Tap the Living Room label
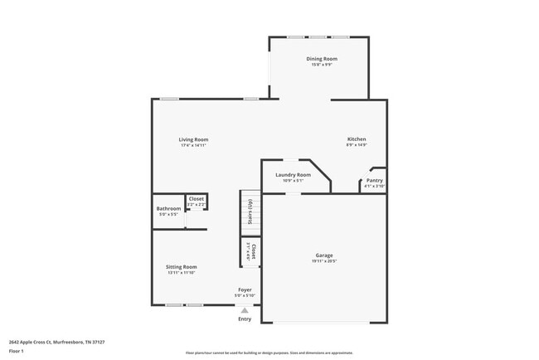click(193, 139)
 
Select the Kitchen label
click(357, 139)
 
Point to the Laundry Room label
click(293, 175)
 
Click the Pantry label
click(375, 180)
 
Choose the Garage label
click(323, 255)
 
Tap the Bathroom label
click(168, 208)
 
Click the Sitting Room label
click(181, 267)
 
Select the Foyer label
click(244, 290)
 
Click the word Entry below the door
click(245, 319)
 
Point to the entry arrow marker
click(245, 310)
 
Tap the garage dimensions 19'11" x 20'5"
click(323, 262)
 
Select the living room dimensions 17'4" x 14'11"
click(193, 145)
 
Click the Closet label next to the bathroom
click(197, 198)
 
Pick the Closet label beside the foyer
click(254, 250)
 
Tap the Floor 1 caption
click(17, 351)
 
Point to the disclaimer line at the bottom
click(269, 353)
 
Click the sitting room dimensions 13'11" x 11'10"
click(181, 273)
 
